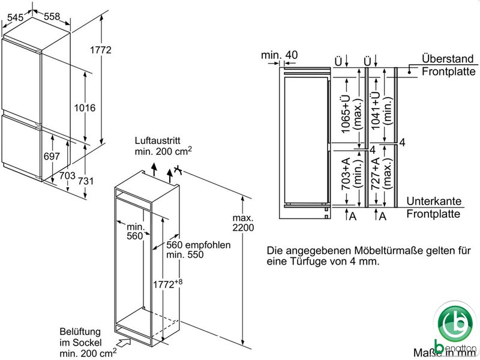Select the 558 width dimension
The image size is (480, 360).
(x=51, y=17)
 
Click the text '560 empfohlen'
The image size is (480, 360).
(x=199, y=245)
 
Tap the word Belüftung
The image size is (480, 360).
(x=76, y=331)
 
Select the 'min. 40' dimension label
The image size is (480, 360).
(x=280, y=55)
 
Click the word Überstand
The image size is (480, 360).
(x=447, y=59)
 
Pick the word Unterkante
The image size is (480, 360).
(x=433, y=202)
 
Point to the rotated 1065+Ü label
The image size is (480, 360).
(x=346, y=114)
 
